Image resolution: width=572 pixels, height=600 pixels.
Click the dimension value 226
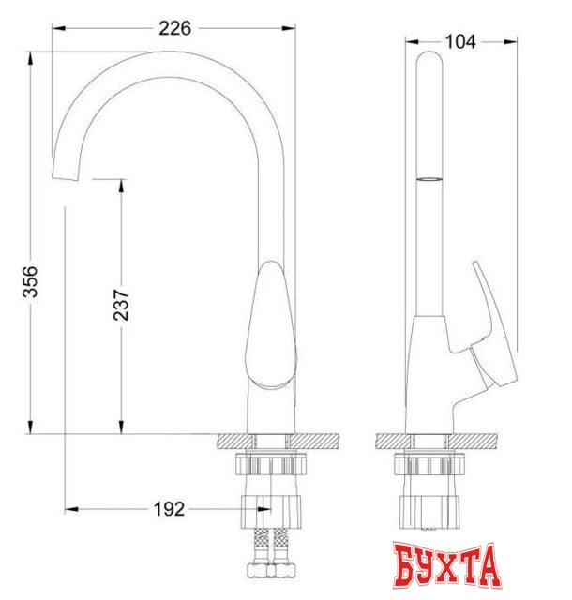coord(174,28)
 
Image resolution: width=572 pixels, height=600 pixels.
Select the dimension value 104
coord(461,40)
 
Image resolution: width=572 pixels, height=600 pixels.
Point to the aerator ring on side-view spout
coord(427,176)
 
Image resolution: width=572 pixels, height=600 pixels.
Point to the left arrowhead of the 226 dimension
coord(56,28)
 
